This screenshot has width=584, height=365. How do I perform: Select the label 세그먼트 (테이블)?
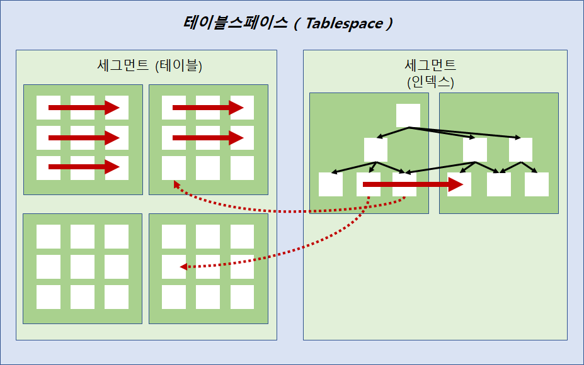pyautogui.click(x=149, y=65)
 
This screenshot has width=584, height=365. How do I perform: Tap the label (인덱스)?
pyautogui.click(x=431, y=82)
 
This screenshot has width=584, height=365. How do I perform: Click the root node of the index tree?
pyautogui.click(x=408, y=115)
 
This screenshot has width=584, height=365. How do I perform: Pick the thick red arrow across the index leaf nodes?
pyautogui.click(x=413, y=184)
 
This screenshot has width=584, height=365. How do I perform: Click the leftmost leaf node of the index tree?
pyautogui.click(x=331, y=184)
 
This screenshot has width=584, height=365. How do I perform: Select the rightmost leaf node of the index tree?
pyautogui.click(x=537, y=184)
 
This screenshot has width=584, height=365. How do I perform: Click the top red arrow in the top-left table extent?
pyautogui.click(x=84, y=108)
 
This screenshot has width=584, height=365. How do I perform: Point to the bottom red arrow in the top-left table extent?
pyautogui.click(x=84, y=167)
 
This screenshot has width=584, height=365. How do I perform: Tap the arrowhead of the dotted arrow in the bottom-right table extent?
pyautogui.click(x=183, y=267)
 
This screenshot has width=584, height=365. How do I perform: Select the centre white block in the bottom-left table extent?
pyautogui.click(x=83, y=267)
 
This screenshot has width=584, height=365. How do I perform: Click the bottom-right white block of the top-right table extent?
pyautogui.click(x=242, y=168)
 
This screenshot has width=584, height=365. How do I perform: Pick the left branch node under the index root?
pyautogui.click(x=375, y=150)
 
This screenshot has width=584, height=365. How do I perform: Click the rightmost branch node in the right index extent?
pyautogui.click(x=521, y=150)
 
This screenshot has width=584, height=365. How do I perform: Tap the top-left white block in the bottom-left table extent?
pyautogui.click(x=49, y=237)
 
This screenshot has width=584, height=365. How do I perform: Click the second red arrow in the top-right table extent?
pyautogui.click(x=208, y=137)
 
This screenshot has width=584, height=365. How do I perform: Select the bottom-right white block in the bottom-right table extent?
pyautogui.click(x=242, y=297)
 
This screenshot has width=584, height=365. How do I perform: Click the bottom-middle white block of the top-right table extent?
pyautogui.click(x=208, y=168)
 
